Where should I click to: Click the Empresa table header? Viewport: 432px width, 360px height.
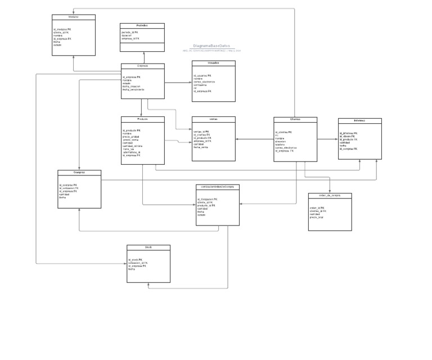pos(143,66)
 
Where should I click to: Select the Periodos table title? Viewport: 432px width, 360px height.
pos(142,26)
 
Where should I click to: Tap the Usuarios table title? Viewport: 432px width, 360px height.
pos(213,63)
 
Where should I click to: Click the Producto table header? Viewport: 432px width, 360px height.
pos(143,119)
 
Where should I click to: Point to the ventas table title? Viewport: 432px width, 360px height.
pos(213,119)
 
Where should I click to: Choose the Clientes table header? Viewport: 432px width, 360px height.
pos(295,119)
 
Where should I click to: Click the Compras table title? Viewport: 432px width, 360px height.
pos(79,173)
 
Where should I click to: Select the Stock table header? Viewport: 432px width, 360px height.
pos(148,247)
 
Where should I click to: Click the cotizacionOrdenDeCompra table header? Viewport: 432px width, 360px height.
pos(218,187)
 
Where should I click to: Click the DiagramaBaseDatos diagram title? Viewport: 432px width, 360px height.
pos(211,46)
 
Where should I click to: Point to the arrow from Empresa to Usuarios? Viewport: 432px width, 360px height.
pos(178,83)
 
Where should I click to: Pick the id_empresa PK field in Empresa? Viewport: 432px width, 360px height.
pos(132,77)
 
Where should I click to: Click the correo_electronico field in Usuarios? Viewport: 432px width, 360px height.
pos(205,82)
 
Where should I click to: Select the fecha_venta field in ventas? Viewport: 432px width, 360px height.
pos(202,147)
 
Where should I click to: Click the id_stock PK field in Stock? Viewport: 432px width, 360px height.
pos(135,259)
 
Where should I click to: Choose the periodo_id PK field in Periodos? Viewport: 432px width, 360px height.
pos(130,32)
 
